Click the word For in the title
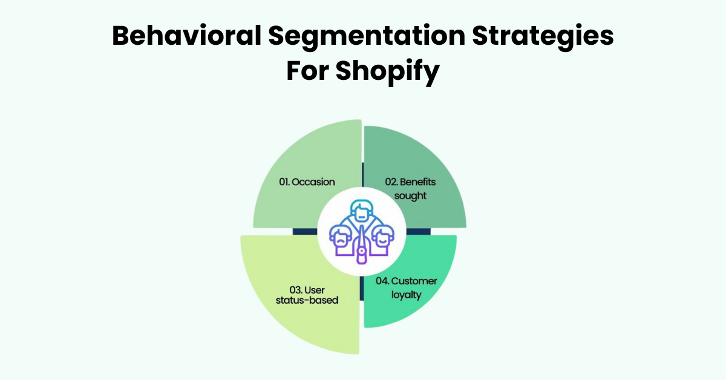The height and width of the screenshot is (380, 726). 307,71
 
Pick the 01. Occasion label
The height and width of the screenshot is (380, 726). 307,182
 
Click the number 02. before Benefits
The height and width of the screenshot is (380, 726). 393,182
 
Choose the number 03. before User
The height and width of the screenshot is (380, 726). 289,289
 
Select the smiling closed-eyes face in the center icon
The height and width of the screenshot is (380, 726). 383,237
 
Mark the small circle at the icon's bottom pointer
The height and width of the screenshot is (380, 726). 361,258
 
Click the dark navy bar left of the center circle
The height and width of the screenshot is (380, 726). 304,231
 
